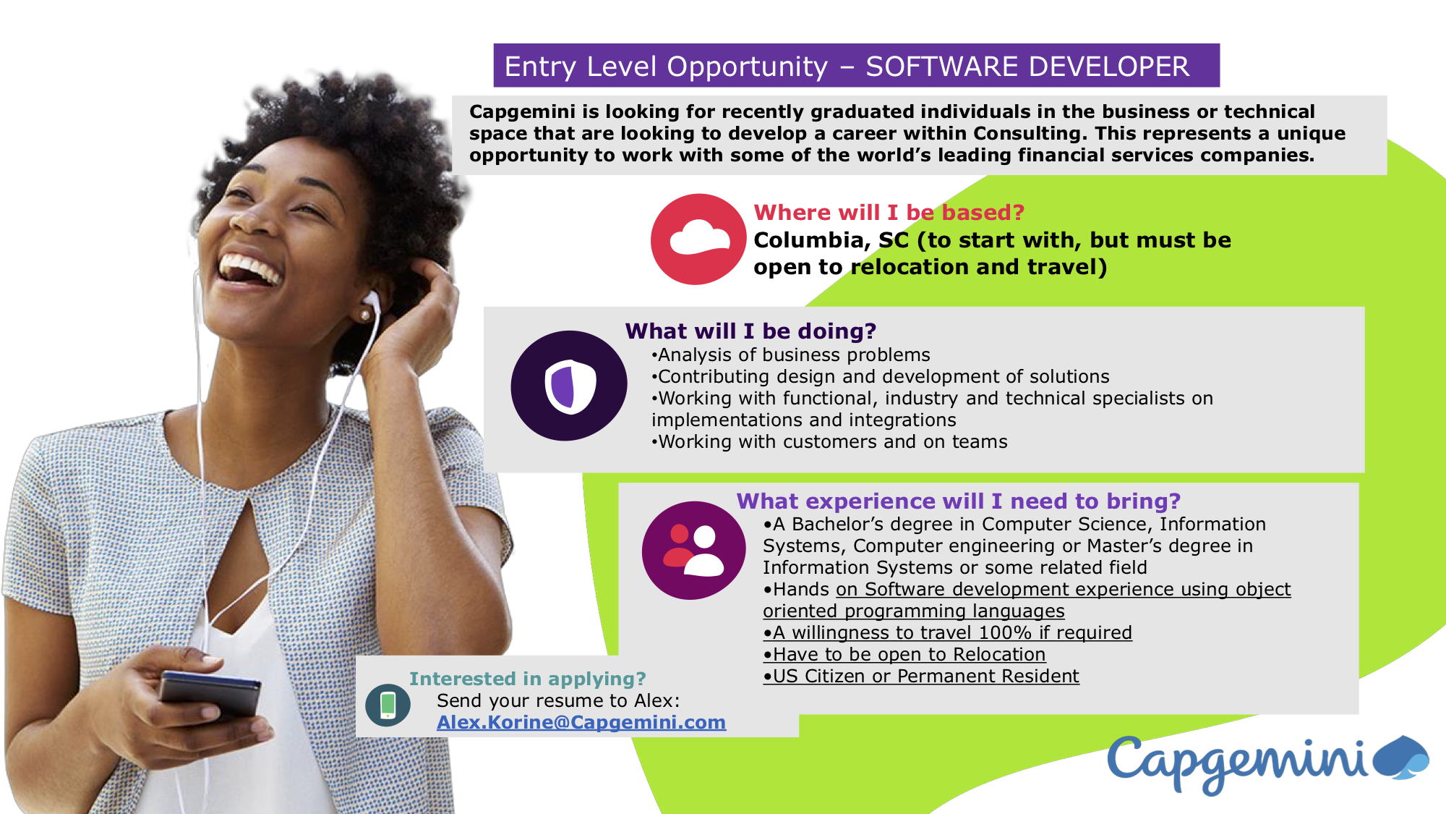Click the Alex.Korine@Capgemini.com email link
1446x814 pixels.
[x=581, y=722]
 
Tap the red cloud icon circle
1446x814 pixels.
[x=698, y=239]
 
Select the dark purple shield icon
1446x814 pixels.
[x=569, y=386]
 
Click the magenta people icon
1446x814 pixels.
[x=693, y=550]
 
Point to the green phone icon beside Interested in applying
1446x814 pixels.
[x=388, y=705]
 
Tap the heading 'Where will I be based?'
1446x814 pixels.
[x=889, y=213]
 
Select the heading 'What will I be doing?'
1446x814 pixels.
[x=750, y=331]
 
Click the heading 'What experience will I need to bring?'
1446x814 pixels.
[x=958, y=501]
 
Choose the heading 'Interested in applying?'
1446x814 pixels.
[x=527, y=679]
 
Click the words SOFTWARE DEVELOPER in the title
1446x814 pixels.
[x=1027, y=67]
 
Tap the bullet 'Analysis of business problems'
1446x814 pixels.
[x=791, y=355]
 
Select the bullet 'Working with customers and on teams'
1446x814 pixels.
[x=829, y=441]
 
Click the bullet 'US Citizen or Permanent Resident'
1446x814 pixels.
[x=921, y=676]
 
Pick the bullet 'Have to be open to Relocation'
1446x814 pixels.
[x=904, y=654]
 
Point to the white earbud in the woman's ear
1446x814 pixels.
[x=371, y=302]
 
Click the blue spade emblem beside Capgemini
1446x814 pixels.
[x=1400, y=757]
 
